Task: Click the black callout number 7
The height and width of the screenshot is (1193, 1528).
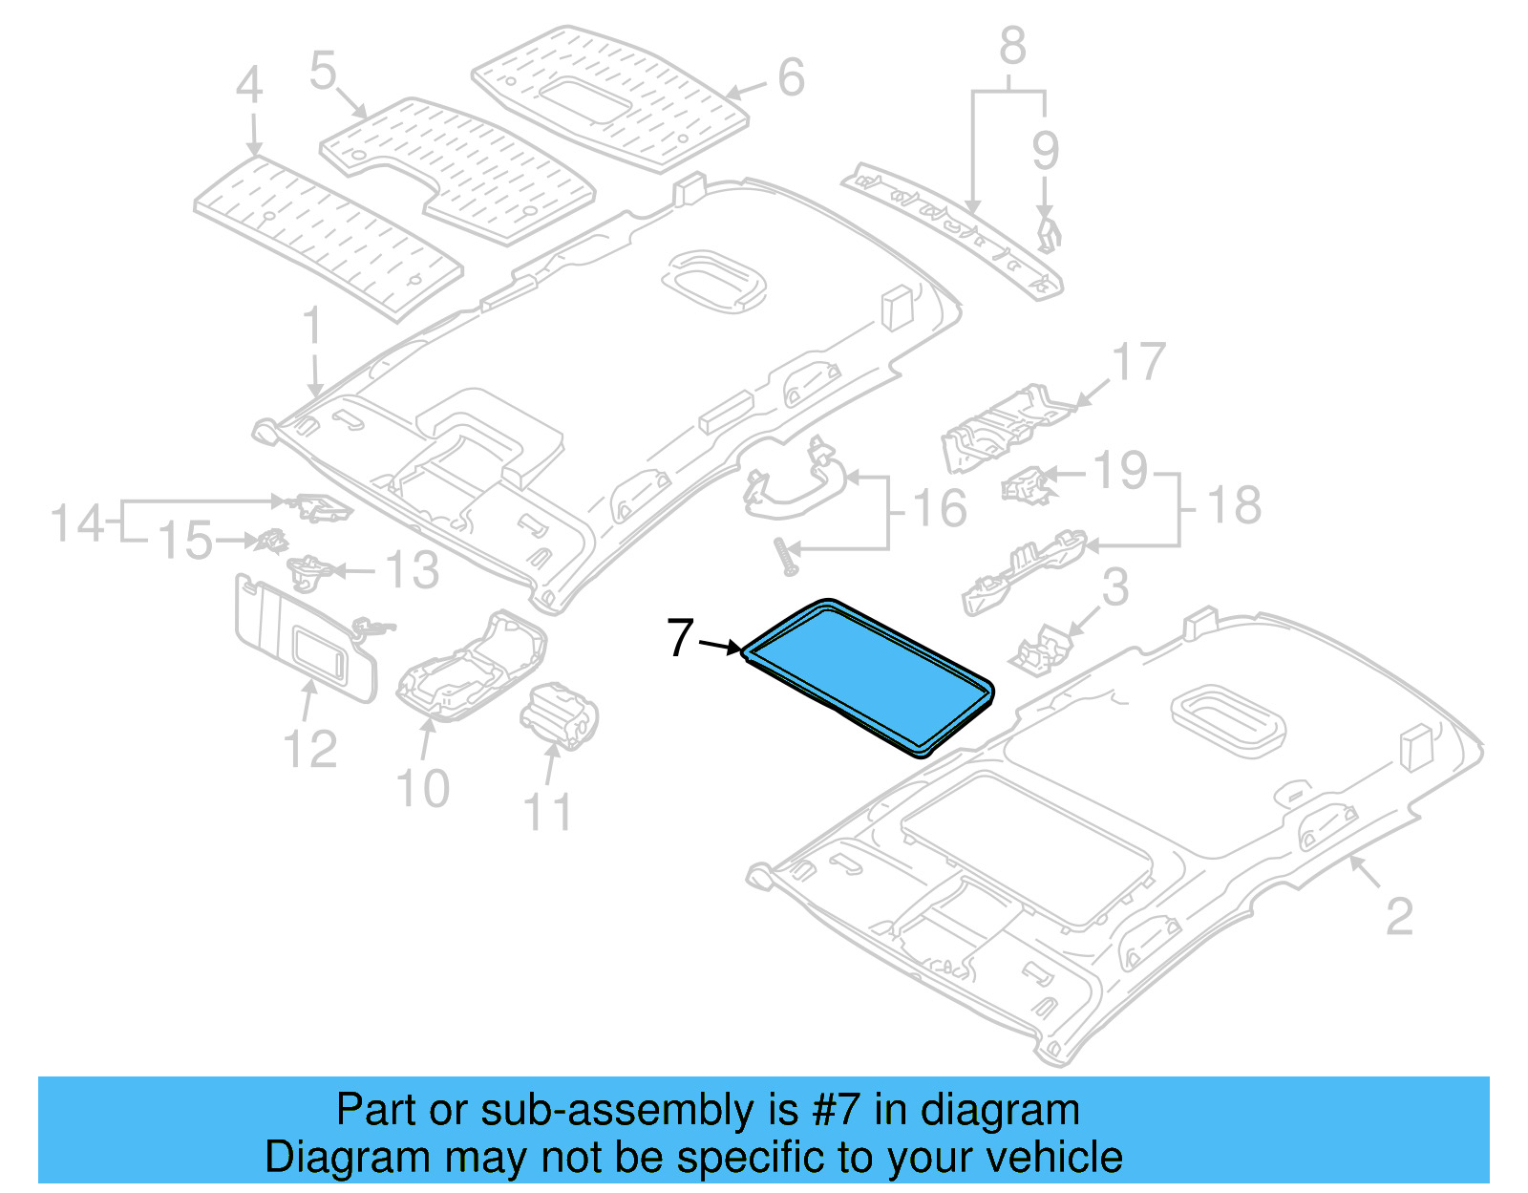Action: coord(680,638)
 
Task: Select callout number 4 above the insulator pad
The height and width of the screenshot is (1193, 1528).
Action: coord(249,86)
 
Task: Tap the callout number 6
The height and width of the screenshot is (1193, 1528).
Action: coord(791,78)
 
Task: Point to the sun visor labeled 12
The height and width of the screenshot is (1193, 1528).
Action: coord(296,640)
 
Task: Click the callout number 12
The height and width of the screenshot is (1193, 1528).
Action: coord(310,749)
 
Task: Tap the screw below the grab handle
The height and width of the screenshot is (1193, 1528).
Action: coord(789,556)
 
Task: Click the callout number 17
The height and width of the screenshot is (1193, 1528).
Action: coord(1138,363)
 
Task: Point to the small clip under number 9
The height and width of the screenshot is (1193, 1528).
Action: coord(1048,233)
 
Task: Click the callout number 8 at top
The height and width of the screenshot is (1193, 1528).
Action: coord(1012,46)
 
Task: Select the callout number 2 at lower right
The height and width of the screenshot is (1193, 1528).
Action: coord(1398,917)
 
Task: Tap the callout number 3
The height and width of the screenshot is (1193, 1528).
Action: coord(1114,588)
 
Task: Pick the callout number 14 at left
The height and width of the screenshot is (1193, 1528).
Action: coord(76,523)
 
